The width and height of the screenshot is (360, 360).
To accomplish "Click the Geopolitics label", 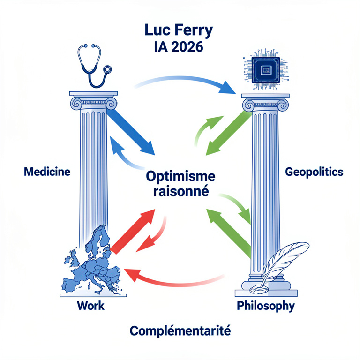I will coord(314,172).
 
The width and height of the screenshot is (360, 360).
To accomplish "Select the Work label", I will coord(90,306).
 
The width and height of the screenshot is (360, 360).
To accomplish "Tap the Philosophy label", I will coord(266,306).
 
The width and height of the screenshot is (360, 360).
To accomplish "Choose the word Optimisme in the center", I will coord(180,177).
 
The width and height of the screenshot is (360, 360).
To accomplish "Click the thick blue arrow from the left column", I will coord(131,133).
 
